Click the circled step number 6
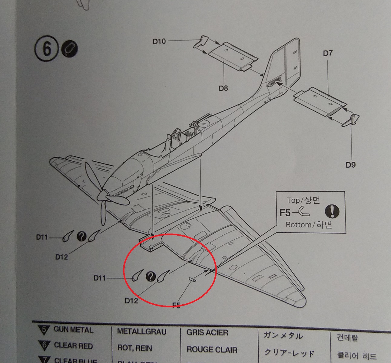46,49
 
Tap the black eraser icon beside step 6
69,49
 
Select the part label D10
159,41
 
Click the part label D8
223,88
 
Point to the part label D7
328,53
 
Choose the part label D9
350,165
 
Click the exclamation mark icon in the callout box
332,211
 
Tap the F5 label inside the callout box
285,213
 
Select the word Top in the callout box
293,200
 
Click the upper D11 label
42,237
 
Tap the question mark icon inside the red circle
151,276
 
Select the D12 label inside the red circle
131,300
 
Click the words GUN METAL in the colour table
73,330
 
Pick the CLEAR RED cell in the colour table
73,345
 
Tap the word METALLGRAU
141,332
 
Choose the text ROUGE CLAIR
212,350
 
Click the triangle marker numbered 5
44,329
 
